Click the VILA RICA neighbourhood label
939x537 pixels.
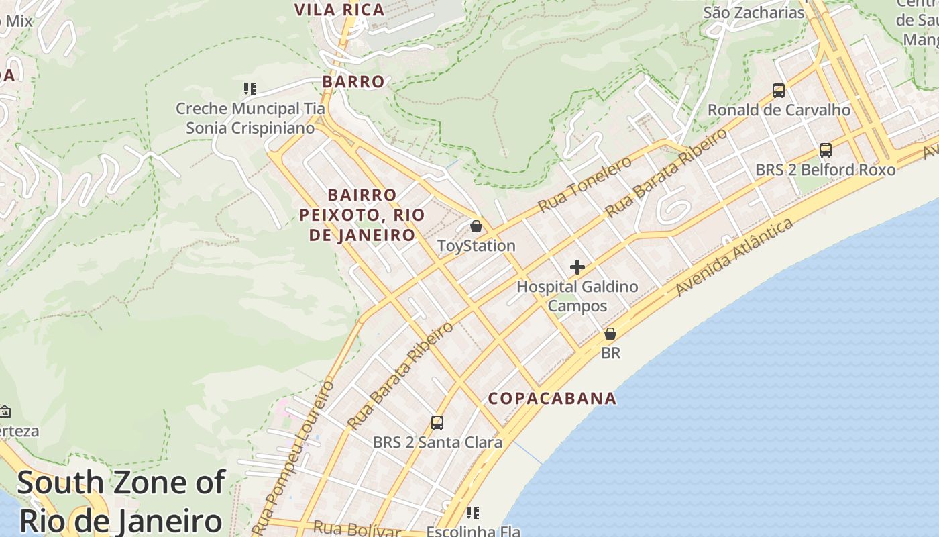(339, 10)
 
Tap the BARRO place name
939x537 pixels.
(353, 82)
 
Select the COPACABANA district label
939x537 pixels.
(552, 399)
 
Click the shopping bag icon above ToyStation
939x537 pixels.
(476, 226)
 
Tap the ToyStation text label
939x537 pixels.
(476, 246)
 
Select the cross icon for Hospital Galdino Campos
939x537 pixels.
(577, 268)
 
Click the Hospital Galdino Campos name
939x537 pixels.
(577, 296)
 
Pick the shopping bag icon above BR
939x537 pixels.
(610, 334)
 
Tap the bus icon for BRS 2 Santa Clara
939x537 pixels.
(437, 423)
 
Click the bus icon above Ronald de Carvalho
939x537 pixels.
(779, 90)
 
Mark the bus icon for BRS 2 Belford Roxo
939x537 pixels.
(826, 150)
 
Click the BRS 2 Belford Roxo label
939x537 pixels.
(825, 170)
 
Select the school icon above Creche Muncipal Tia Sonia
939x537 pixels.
(250, 89)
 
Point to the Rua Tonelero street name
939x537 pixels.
(585, 184)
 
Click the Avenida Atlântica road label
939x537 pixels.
(734, 257)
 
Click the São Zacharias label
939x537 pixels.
(753, 13)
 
